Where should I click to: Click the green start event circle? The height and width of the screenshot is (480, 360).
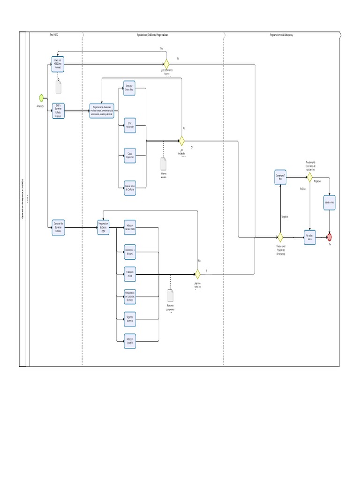41,97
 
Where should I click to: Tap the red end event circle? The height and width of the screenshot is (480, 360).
330,237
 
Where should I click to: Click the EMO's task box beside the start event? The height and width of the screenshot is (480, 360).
58,111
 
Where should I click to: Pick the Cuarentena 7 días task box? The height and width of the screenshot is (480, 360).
280,177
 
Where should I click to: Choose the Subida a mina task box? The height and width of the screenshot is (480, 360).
330,203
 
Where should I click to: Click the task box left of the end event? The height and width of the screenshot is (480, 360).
309,237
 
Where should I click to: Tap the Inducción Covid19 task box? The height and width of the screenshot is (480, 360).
130,341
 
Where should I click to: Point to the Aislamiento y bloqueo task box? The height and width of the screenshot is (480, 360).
130,252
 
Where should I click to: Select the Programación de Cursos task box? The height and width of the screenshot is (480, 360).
103,227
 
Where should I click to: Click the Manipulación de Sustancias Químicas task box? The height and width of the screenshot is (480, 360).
130,296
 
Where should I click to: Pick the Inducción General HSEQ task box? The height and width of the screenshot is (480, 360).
130,227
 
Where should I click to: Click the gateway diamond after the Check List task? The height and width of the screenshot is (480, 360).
166,64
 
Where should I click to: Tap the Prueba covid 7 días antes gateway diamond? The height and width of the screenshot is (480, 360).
280,237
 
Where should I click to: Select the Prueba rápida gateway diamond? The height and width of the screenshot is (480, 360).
309,177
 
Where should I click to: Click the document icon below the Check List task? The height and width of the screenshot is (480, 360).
59,87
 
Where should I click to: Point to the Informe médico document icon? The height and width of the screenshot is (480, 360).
163,164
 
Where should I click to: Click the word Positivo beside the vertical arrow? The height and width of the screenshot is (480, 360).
302,188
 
